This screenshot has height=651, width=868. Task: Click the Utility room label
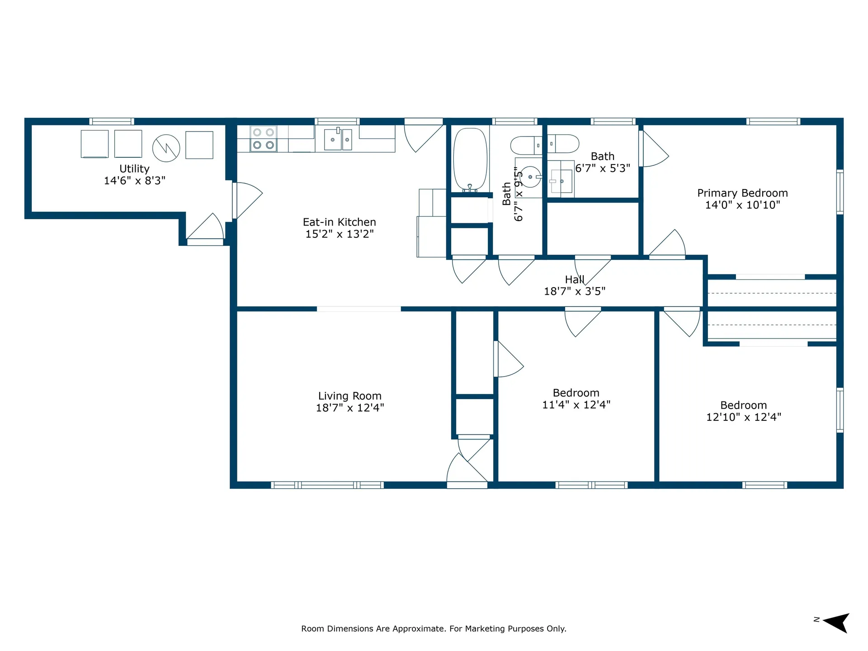coord(134,169)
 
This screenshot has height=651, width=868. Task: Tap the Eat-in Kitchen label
coord(340,222)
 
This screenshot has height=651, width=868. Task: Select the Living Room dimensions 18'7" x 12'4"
coord(350,408)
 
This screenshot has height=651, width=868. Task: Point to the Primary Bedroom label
coord(742,193)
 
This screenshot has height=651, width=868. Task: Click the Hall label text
coord(575,279)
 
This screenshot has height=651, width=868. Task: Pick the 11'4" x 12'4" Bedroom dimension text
coord(576,405)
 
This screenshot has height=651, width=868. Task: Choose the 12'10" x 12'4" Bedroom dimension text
coord(744,417)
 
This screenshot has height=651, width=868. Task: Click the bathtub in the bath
coord(470,160)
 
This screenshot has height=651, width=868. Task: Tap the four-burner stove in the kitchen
coord(264,138)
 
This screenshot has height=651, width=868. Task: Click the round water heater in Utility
coord(166,148)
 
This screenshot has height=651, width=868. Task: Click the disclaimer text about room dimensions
coord(434,628)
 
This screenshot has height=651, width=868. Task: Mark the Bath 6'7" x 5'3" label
coord(603,162)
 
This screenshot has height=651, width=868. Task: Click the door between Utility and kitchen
coord(247,200)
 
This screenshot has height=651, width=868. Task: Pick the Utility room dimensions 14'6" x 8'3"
coord(135,180)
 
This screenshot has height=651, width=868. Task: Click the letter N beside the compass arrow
coord(816,619)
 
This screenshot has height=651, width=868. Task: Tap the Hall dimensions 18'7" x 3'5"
coord(575,291)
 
